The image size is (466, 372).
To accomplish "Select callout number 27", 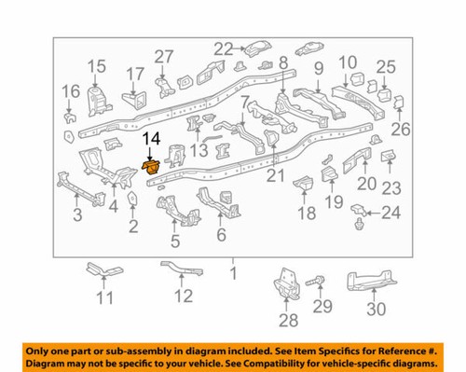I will pos(164,55).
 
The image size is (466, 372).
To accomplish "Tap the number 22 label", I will pos(223,48).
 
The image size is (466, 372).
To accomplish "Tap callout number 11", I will pos(104,298).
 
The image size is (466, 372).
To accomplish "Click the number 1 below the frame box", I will pos(234,274).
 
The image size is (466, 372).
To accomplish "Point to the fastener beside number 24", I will pos(358,224).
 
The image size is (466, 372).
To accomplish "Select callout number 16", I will pos(71,91).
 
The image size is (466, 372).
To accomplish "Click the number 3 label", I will pos(76,215).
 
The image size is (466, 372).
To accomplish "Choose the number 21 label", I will pos(273,176).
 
